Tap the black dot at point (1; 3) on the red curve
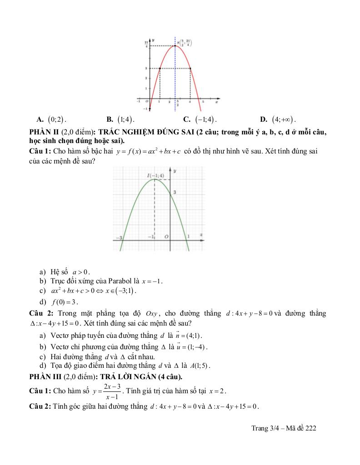160,69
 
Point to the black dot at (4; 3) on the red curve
190,69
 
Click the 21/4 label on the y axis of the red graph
146,44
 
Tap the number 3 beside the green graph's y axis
175,193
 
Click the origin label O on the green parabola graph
166,237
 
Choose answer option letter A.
40,119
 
